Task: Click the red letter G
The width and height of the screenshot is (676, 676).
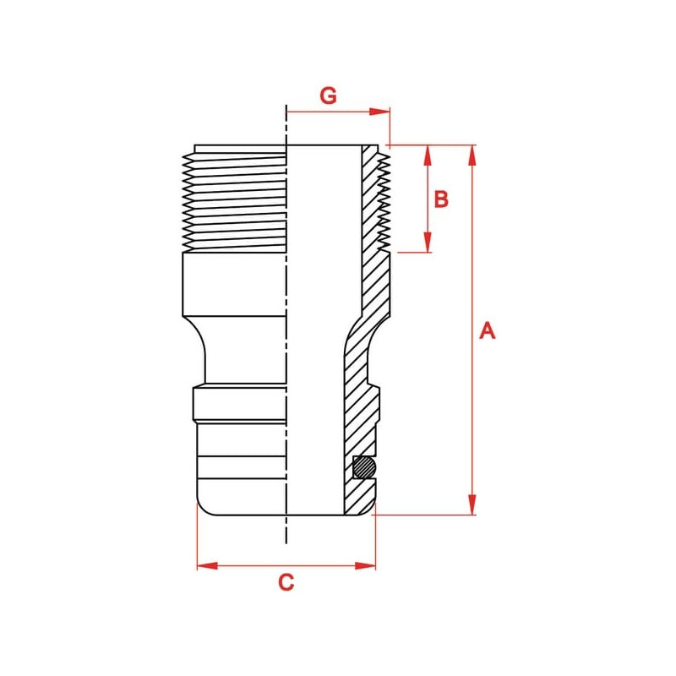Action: coord(328,95)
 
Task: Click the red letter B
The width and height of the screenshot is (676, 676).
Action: coord(441,199)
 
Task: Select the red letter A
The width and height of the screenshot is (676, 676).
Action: coord(488,330)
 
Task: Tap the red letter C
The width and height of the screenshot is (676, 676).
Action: coord(286,582)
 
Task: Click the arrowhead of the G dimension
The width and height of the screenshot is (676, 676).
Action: coord(379,112)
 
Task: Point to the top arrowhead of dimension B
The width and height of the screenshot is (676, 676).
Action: coord(428,155)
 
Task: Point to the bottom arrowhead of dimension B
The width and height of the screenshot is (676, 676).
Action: coord(428,242)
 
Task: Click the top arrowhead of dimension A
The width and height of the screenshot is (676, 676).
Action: coord(472,155)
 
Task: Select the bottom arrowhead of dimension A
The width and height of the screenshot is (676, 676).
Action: coord(472,504)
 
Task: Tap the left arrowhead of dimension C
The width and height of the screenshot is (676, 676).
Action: coord(207,565)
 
